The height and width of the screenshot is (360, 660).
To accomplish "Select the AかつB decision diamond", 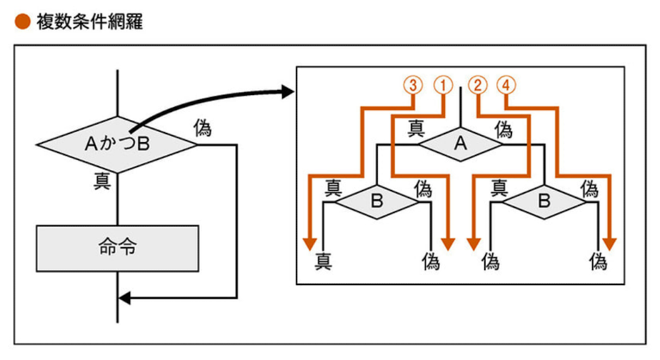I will point(116,144).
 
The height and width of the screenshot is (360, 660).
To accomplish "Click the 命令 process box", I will point(116,249).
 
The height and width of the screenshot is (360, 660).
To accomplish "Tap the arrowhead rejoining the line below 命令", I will point(124,297).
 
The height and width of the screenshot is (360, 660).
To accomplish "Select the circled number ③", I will point(414,84).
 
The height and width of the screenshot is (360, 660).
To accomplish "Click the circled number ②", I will point(477,84).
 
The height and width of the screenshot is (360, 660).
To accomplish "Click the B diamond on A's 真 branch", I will point(377,202).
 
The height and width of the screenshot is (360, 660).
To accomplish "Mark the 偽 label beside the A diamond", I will point(504,129).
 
